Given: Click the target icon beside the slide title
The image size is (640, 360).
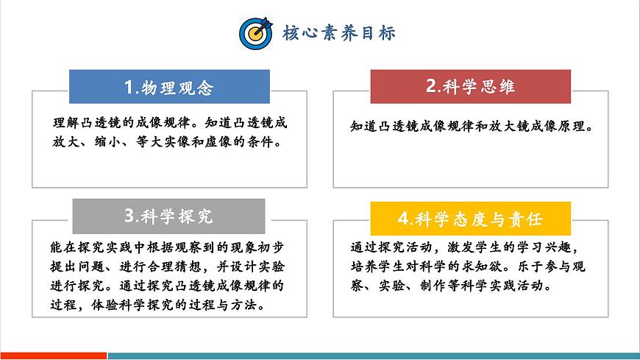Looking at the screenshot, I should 255,32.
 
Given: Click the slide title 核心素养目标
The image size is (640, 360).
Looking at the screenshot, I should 339,33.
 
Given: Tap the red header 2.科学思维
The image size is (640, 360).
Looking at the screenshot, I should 470,86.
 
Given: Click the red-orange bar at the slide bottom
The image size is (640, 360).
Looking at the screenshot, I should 53,356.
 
